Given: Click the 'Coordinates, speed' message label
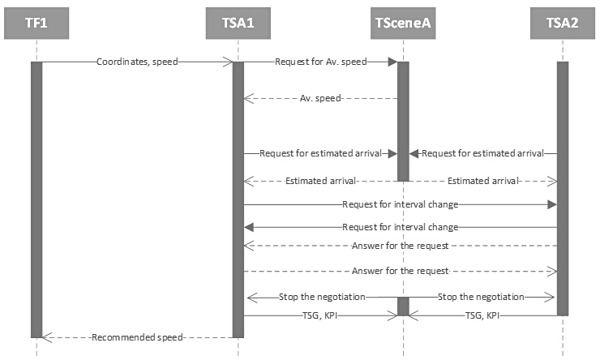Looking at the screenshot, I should (x=137, y=62).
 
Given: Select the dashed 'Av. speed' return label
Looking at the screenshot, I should (x=320, y=98).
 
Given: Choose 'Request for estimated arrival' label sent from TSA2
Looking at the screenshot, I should (x=482, y=152).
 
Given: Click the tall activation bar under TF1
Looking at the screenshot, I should (x=36, y=199).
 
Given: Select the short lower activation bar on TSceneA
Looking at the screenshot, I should (x=402, y=306).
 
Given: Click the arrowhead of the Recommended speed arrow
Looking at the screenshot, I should (x=45, y=336).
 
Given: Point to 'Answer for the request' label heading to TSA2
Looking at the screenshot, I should (x=400, y=270).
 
